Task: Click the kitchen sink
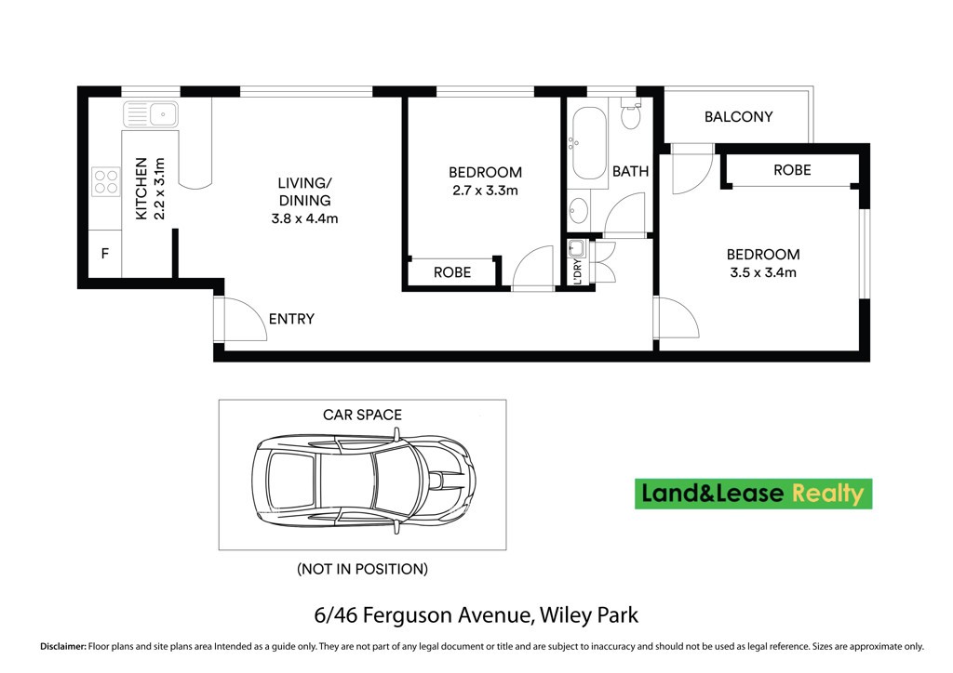click(151, 114)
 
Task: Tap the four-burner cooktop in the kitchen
click(106, 181)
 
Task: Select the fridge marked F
click(105, 254)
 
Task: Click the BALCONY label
click(738, 116)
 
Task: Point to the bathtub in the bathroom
click(589, 143)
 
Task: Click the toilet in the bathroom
click(631, 113)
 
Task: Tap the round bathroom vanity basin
click(579, 211)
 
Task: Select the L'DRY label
click(577, 272)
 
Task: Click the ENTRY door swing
click(246, 319)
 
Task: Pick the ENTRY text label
click(291, 319)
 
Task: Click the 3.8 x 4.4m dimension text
click(304, 218)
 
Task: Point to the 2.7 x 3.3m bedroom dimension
click(485, 191)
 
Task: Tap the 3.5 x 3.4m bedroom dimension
click(763, 272)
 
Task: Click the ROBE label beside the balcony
click(792, 170)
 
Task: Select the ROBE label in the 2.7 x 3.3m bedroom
click(452, 272)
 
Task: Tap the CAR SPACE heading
click(362, 415)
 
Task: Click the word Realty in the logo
click(827, 494)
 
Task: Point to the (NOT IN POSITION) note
click(362, 569)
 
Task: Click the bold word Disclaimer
click(63, 647)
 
